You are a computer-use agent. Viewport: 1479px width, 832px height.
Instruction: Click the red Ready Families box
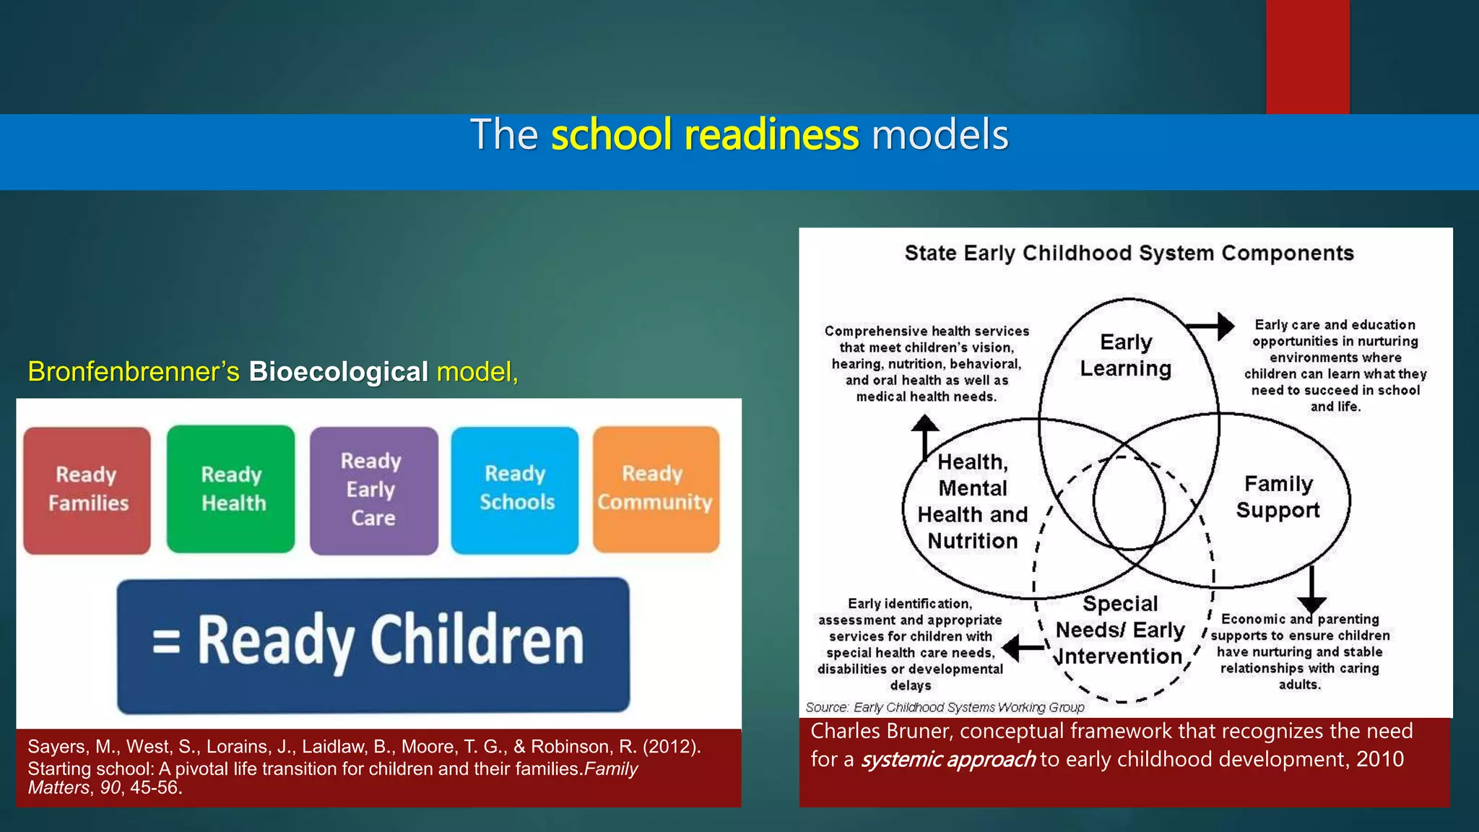tap(87, 490)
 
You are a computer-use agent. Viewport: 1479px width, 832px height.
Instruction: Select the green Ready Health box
tap(231, 490)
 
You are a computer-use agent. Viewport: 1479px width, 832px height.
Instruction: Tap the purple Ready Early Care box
tap(373, 490)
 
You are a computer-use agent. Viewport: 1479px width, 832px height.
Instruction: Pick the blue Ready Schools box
tap(515, 490)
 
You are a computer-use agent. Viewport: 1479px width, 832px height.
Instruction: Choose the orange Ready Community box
tap(656, 489)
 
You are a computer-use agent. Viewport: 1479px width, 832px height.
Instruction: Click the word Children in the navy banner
tap(477, 641)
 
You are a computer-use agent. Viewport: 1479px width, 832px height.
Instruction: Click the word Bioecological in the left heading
tap(338, 372)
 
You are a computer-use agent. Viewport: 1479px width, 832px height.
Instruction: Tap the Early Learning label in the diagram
tap(1125, 355)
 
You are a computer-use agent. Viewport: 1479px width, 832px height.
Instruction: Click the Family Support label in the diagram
tap(1278, 497)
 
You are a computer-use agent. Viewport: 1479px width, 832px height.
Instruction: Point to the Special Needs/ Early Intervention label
tap(1119, 630)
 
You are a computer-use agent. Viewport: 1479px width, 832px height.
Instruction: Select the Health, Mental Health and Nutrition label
tap(972, 501)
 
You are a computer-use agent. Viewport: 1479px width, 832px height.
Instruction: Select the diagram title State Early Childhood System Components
tap(1129, 253)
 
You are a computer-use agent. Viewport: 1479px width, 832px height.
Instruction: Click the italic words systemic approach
tap(948, 760)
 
